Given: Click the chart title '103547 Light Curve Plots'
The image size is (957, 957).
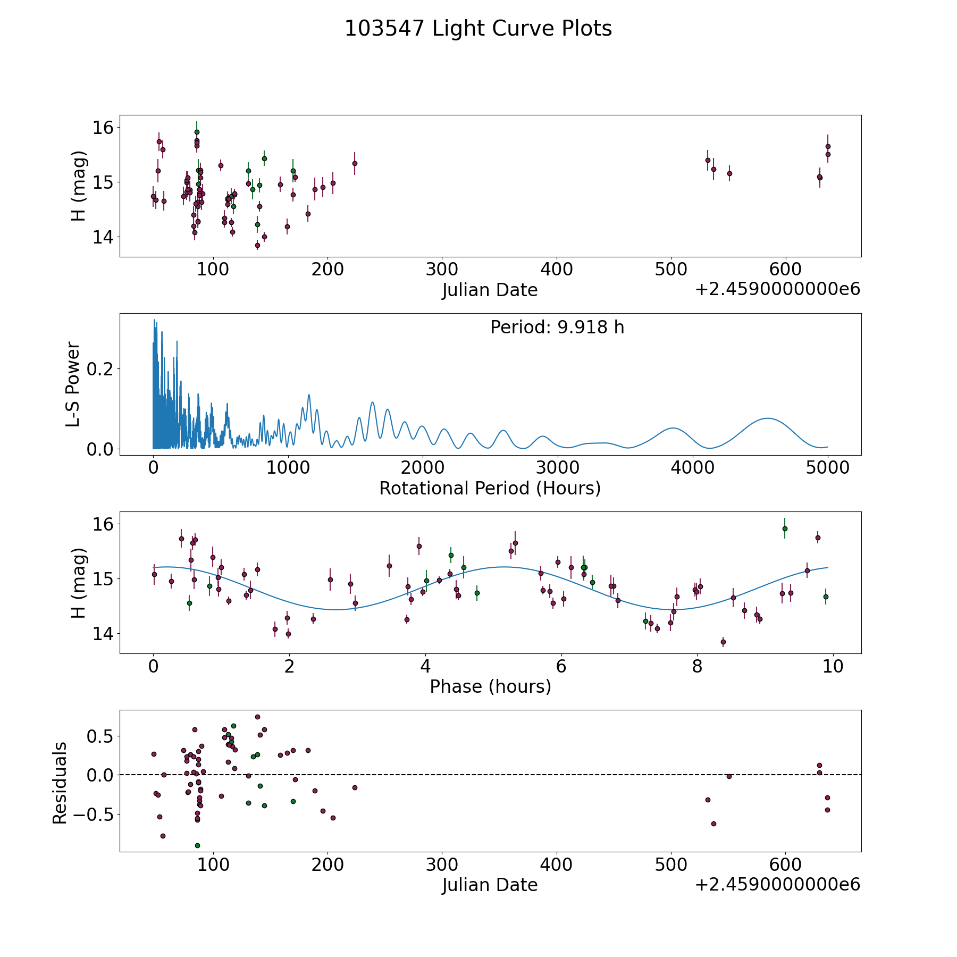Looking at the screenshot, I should pyautogui.click(x=478, y=29).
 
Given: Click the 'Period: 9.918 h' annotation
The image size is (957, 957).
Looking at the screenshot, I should pyautogui.click(x=557, y=327).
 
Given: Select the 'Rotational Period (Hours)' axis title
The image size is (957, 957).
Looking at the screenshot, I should pyautogui.click(x=490, y=488).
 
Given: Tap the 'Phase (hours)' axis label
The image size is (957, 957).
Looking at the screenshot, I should pyautogui.click(x=490, y=686).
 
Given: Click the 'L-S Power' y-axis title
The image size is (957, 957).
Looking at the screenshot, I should pyautogui.click(x=73, y=384).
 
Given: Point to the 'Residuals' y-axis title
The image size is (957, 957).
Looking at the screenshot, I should pyautogui.click(x=60, y=783).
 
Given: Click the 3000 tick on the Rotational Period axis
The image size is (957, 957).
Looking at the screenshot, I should pyautogui.click(x=558, y=468).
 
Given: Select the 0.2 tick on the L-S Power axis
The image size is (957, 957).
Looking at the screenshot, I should pyautogui.click(x=100, y=369).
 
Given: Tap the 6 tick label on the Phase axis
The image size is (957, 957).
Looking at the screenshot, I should pyautogui.click(x=561, y=667).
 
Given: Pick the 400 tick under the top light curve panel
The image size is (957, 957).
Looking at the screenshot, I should pyautogui.click(x=556, y=270).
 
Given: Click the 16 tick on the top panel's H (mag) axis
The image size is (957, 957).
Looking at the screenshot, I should pyautogui.click(x=103, y=128).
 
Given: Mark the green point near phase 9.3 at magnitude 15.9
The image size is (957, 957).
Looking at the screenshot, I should pyautogui.click(x=785, y=528).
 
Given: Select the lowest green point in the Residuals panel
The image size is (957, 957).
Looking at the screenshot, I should pyautogui.click(x=197, y=845).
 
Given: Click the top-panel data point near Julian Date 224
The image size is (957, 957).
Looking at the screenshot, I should pyautogui.click(x=355, y=163).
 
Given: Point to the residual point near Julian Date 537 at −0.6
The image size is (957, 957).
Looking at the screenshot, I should pyautogui.click(x=713, y=824).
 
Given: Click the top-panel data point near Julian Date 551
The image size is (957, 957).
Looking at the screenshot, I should pyautogui.click(x=729, y=173).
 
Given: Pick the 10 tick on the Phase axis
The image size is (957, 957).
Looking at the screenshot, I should pyautogui.click(x=833, y=667).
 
